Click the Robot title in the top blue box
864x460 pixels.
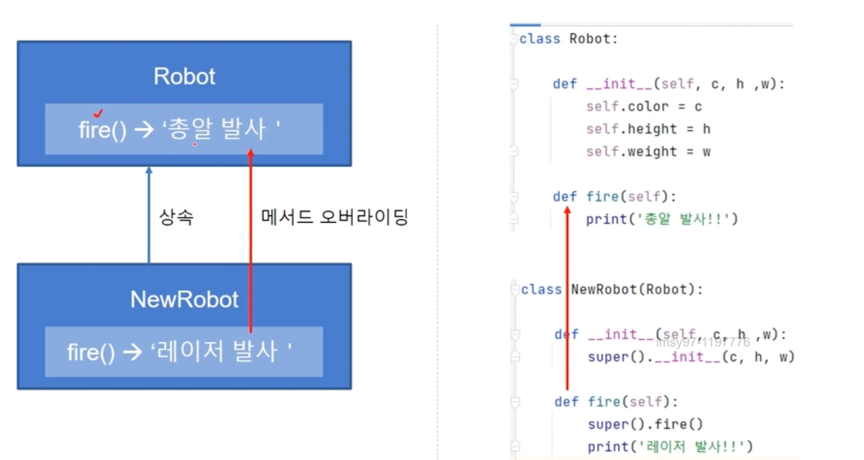point(184,77)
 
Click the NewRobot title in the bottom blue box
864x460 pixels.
point(184,299)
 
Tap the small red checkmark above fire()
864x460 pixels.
point(98,113)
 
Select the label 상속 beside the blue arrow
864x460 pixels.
point(176,217)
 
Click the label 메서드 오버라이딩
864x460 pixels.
point(334,217)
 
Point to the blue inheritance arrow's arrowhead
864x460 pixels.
point(149,170)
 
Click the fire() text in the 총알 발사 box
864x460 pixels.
point(102,130)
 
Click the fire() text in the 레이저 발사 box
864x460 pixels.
point(91,353)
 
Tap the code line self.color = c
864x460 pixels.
point(643,107)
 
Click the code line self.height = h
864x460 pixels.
point(648,129)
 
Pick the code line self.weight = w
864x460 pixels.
point(648,152)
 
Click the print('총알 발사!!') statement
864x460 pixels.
point(662,219)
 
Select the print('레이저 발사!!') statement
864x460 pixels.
point(670,447)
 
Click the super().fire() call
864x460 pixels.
point(645,424)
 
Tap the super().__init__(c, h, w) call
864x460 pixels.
point(691,357)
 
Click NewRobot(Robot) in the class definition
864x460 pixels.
point(636,289)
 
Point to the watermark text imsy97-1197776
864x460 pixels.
point(703,342)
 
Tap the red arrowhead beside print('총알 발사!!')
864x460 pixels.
point(567,210)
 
